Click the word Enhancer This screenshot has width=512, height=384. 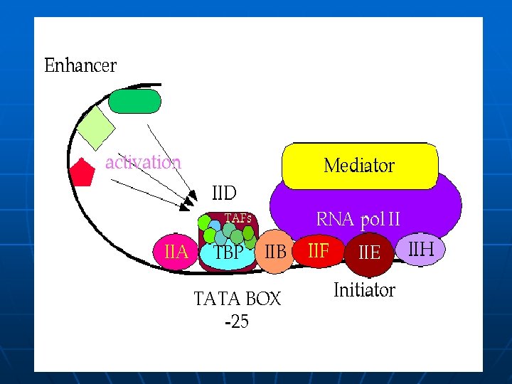point(80,66)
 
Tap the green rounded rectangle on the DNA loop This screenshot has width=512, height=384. point(135,101)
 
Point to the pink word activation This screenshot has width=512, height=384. point(143,162)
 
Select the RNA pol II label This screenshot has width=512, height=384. point(358,220)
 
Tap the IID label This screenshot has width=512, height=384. point(224,193)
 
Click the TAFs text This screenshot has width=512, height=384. point(238,218)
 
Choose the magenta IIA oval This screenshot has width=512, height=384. point(176,252)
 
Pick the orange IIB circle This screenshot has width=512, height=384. point(274,252)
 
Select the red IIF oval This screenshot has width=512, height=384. point(318,250)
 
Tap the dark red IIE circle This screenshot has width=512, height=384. point(369,252)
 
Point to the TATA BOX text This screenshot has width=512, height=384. point(238,299)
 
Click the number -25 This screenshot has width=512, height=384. point(237,322)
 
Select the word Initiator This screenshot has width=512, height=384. point(364,290)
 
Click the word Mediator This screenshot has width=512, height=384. point(359,166)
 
